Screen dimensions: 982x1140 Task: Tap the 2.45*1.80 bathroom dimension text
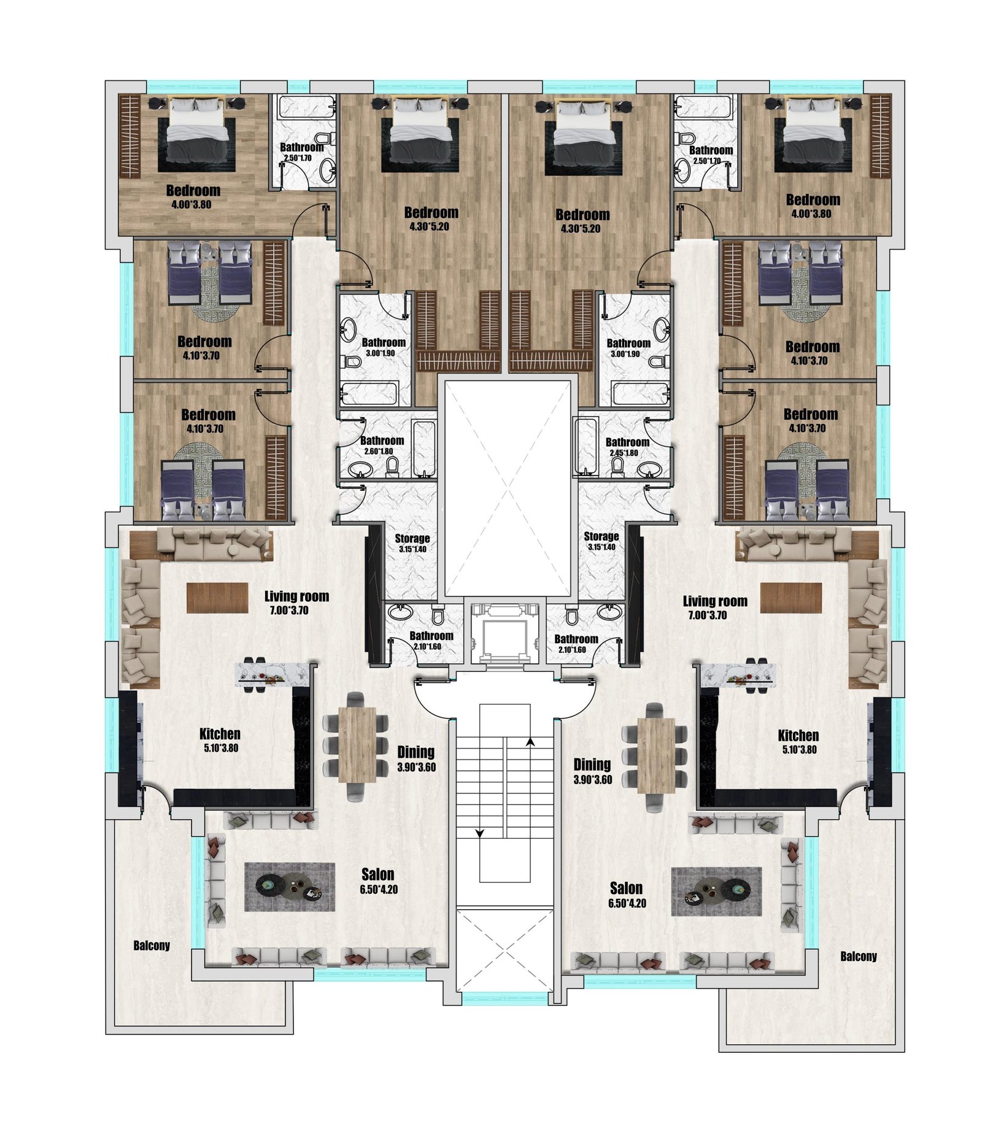[x=624, y=453]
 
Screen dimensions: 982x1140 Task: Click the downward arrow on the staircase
[x=480, y=833]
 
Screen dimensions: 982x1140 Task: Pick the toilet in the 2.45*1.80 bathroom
[x=617, y=467]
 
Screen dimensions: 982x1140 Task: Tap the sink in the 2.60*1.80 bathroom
[x=360, y=469]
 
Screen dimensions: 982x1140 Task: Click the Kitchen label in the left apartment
[x=220, y=733]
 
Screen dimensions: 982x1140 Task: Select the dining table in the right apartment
[x=656, y=755]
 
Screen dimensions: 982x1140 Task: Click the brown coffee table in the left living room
[x=217, y=598]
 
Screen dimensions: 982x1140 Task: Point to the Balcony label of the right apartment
[x=859, y=956]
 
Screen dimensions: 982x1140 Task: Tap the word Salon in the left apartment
[x=377, y=874]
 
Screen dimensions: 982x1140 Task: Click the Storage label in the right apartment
[x=601, y=536]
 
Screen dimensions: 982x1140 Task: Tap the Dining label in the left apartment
[x=416, y=752]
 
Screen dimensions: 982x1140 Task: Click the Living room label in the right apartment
[x=715, y=601]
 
